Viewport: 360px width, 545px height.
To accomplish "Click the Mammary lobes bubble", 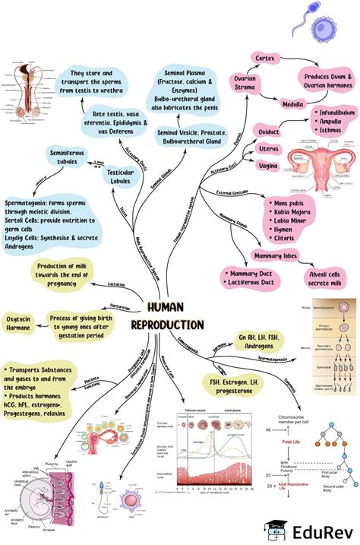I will tap(269, 256).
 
